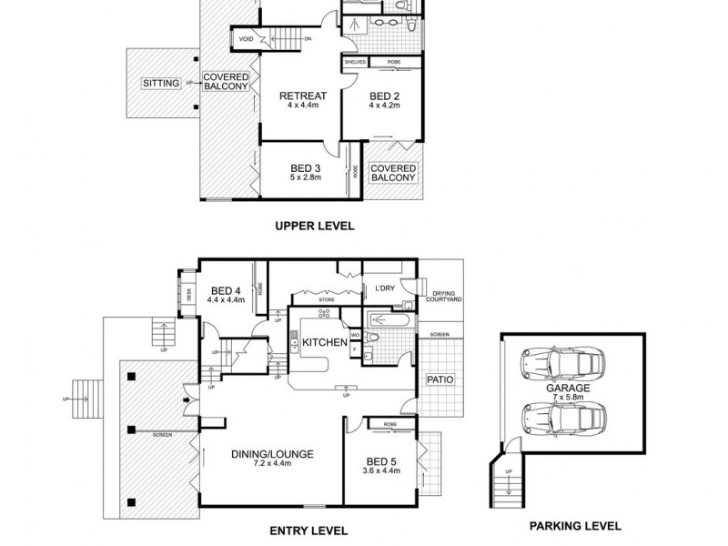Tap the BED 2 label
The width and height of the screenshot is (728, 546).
(383, 96)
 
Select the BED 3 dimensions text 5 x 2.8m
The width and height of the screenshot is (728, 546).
(306, 178)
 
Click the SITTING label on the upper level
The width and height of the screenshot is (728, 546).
(160, 83)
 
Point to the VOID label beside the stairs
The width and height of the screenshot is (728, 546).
(246, 39)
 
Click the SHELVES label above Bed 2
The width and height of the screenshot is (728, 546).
(355, 63)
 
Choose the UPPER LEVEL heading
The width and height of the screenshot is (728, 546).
(314, 226)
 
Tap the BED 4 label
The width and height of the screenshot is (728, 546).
(226, 289)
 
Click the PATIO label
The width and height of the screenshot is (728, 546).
(439, 379)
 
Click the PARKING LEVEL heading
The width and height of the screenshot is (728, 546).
(575, 525)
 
